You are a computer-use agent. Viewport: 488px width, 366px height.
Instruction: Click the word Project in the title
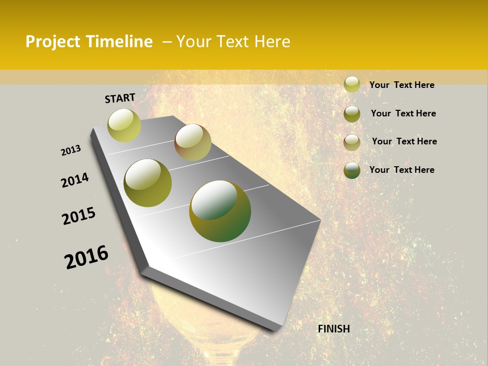[x=53, y=42]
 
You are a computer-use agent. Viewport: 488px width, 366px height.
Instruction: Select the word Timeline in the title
[x=119, y=42]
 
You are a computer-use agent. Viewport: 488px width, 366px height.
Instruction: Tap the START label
[x=120, y=98]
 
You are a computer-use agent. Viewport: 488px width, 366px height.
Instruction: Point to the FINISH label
[x=334, y=329]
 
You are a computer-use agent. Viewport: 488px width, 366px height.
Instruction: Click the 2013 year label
[x=71, y=150]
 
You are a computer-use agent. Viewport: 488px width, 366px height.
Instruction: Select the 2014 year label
[x=75, y=180]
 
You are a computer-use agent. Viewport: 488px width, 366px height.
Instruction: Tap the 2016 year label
[x=86, y=257]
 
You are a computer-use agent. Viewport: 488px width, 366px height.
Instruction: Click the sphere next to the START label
[x=125, y=125]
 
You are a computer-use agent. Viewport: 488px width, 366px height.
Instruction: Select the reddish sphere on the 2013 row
[x=193, y=142]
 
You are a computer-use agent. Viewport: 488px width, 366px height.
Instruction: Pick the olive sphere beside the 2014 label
[x=148, y=183]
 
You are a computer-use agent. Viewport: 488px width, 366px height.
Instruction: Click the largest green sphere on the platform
[x=220, y=211]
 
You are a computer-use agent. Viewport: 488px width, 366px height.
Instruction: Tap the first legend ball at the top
[x=352, y=85]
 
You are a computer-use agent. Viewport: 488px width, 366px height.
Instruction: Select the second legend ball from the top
[x=352, y=114]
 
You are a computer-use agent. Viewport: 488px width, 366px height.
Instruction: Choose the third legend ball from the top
[x=352, y=142]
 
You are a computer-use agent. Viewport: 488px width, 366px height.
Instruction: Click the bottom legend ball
[x=352, y=170]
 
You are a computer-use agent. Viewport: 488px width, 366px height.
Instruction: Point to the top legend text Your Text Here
[x=402, y=85]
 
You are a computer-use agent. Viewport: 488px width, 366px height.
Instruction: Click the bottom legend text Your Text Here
[x=402, y=170]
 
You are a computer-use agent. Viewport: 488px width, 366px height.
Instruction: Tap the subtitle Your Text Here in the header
[x=233, y=42]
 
